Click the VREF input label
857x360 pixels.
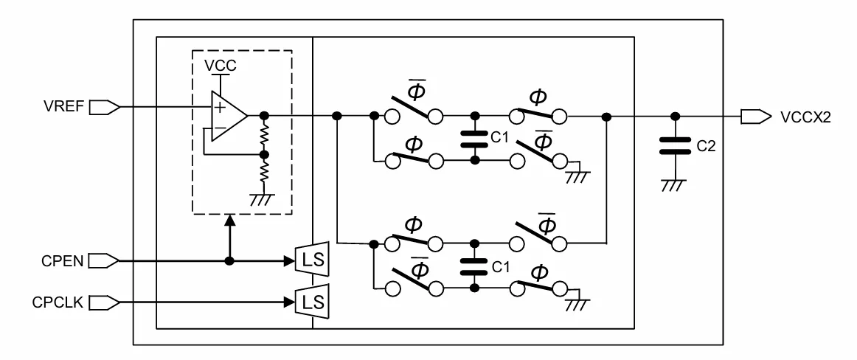click(63, 106)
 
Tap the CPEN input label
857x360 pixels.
click(62, 262)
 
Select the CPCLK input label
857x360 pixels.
click(58, 302)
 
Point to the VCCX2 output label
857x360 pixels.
click(805, 117)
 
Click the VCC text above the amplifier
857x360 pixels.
click(221, 66)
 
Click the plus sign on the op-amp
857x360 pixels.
click(219, 107)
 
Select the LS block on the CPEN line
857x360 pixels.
click(312, 260)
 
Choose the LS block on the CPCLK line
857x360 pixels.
click(312, 301)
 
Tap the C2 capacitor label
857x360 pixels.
click(706, 146)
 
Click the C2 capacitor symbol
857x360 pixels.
click(676, 145)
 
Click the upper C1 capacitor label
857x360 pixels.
click(499, 138)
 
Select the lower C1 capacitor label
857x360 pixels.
click(501, 267)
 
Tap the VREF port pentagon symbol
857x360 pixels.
click(104, 107)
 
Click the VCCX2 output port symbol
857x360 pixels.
click(756, 117)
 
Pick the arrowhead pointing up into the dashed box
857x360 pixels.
click(230, 220)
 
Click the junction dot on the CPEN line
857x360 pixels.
click(230, 262)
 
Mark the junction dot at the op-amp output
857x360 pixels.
click(264, 116)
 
